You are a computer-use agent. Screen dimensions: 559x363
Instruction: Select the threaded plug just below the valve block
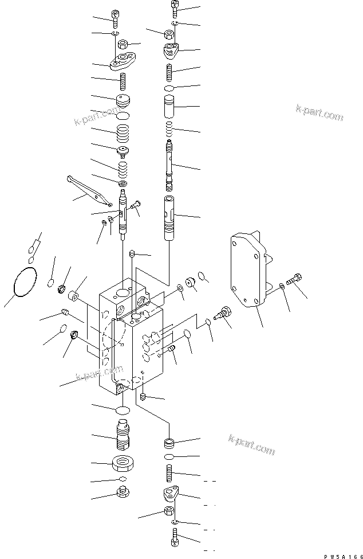(x=124, y=435)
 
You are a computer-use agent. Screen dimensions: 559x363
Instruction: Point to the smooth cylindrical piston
(x=171, y=104)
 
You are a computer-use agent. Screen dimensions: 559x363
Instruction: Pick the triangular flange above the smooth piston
(x=171, y=53)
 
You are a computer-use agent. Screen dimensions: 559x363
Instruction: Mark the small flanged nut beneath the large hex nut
(x=122, y=492)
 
